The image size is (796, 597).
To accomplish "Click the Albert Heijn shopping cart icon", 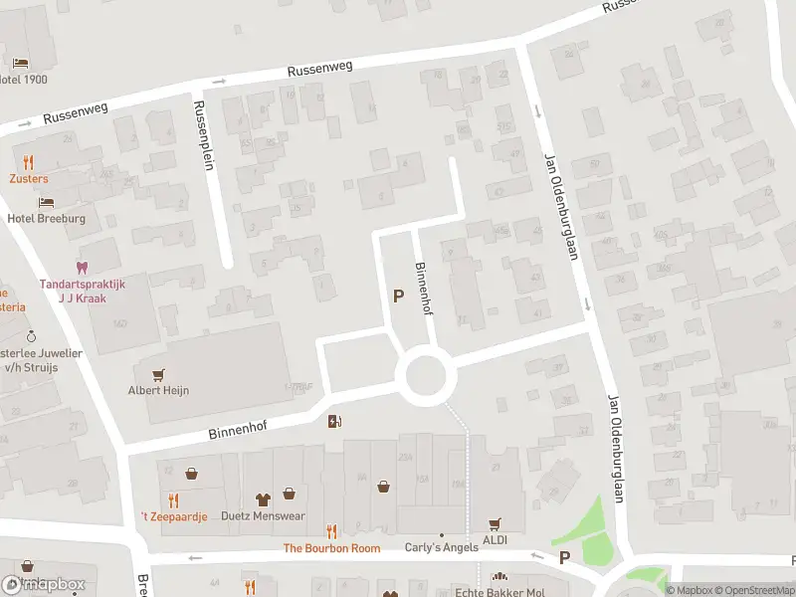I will tap(157, 374).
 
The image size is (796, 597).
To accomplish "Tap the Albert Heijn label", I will tap(157, 391).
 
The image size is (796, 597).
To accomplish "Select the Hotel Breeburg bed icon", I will tap(47, 202).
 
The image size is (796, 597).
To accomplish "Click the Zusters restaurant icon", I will tap(29, 162).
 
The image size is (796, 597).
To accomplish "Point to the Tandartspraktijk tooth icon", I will tap(82, 268).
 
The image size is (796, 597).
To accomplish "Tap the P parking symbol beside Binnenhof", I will tap(399, 296).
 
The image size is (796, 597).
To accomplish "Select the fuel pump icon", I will tap(335, 421).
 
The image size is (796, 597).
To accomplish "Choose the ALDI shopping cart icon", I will tap(495, 523).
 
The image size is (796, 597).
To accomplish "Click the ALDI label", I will tap(495, 539).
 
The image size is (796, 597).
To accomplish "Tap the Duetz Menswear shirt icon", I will tap(264, 499).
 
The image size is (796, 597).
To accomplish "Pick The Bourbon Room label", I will tap(331, 548).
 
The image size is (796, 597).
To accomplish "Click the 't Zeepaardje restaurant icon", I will tap(173, 499).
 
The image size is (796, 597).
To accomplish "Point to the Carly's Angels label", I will tap(442, 547).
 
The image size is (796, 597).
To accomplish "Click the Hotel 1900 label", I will tap(24, 80).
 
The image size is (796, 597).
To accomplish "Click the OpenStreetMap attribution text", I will tap(752, 590).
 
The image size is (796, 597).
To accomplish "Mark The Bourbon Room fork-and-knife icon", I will tap(331, 531).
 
